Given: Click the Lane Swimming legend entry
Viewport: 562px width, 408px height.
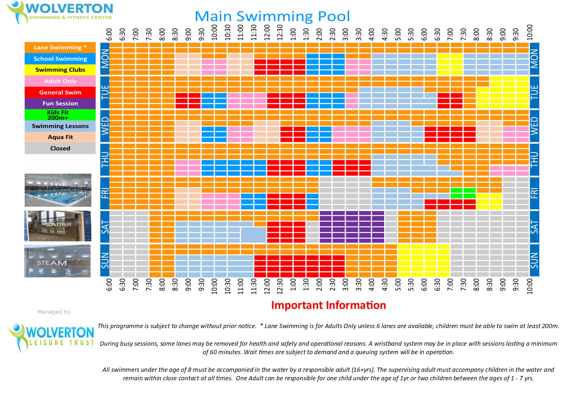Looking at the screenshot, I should pos(60,47).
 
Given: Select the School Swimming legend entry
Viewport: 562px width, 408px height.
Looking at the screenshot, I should pos(60,59).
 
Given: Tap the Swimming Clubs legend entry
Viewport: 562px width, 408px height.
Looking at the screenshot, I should pos(60,70).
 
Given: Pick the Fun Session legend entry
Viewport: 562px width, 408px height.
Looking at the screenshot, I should pos(60,103).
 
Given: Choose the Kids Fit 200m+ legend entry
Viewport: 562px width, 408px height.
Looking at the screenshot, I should pos(60,115).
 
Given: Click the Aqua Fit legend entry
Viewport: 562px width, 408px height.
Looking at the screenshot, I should pos(60,137).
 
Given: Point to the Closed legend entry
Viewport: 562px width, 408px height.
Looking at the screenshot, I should pos(60,148).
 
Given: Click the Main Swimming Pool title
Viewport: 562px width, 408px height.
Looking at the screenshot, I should pos(272,16).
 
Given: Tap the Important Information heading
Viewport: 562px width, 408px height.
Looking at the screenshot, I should pos(328,305).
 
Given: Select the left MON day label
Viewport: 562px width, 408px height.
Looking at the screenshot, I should pos(105,59).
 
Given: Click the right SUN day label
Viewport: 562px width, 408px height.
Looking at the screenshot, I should pos(534,260).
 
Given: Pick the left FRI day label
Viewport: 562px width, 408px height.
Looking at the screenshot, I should pos(105,193).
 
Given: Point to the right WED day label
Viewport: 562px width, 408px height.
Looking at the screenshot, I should pos(534,126).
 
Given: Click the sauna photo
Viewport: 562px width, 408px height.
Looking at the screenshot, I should pos(58,226).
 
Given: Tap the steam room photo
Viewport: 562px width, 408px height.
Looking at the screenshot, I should pos(57,261).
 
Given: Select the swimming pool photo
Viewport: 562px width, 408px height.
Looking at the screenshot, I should pos(58,190).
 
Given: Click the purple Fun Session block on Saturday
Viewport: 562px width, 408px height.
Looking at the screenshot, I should pos(352,227).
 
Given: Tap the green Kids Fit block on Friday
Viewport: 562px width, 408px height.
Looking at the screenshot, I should pos(463,193).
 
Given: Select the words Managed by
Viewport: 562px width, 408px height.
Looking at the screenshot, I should pos(54,312).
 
